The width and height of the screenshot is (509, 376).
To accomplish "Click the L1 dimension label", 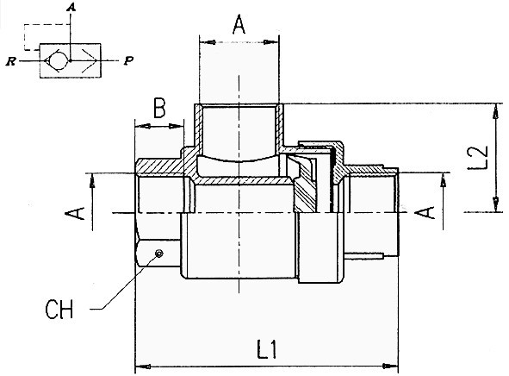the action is tap(267, 349).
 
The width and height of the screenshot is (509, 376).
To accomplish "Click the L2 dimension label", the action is tap(477, 158).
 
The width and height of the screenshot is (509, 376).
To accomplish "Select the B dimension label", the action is tap(159, 108).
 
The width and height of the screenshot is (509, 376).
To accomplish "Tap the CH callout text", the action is tap(59, 309).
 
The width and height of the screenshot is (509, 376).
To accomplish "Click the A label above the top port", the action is tap(239, 25).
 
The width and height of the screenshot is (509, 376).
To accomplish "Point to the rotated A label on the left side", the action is tap(75, 213).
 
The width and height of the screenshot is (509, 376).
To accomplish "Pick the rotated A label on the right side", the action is tap(425, 212).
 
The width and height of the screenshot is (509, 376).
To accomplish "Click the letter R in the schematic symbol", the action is tap(11, 61).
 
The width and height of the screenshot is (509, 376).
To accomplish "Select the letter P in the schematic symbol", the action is tap(129, 60).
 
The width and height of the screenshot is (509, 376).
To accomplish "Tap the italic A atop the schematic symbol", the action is tap(71, 7).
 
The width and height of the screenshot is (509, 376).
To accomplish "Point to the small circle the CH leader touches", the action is tap(159, 254).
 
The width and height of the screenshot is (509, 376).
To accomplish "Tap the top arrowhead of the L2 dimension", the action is tap(496, 111).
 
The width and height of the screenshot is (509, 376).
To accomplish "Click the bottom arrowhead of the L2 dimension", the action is tap(496, 204).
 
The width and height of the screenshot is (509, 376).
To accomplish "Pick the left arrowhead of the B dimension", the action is tap(142, 126).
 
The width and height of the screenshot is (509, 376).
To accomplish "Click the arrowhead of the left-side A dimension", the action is tap(92, 181).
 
